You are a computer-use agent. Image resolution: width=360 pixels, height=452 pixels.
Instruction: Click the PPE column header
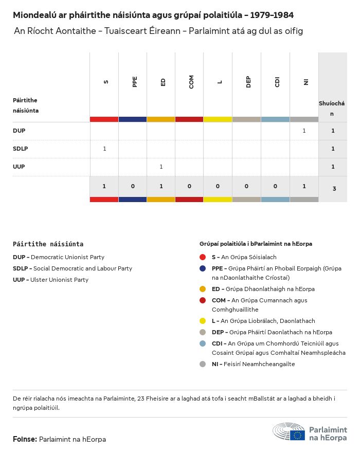135,82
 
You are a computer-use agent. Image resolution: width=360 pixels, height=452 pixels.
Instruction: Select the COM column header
191,82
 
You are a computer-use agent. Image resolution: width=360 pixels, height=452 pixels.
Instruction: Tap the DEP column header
248,82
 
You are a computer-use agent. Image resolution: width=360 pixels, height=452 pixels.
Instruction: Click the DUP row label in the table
19,131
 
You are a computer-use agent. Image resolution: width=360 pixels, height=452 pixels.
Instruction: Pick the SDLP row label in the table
21,149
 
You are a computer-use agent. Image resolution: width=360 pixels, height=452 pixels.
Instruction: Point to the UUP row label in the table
19,167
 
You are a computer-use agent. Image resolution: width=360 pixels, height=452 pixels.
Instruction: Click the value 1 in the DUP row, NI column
304,131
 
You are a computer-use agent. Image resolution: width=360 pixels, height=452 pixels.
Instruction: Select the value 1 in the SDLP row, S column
104,149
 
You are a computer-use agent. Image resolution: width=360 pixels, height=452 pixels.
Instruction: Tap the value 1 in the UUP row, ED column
161,167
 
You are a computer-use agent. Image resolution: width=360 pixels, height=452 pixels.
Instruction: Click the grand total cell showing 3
334,189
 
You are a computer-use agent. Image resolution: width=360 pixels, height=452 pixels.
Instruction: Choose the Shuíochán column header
332,109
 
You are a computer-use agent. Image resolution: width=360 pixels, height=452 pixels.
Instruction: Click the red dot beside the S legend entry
203,257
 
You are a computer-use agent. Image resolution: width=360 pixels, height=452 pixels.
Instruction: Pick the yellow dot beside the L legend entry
203,320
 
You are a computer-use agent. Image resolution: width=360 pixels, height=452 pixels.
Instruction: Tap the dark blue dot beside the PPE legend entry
203,268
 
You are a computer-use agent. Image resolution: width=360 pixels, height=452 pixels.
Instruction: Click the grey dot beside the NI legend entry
203,364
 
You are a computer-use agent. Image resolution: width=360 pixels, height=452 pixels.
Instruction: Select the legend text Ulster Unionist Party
59,280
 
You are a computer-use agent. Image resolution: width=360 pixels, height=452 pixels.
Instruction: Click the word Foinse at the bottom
25,439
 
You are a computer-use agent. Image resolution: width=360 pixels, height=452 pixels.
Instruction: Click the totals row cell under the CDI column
275,186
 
